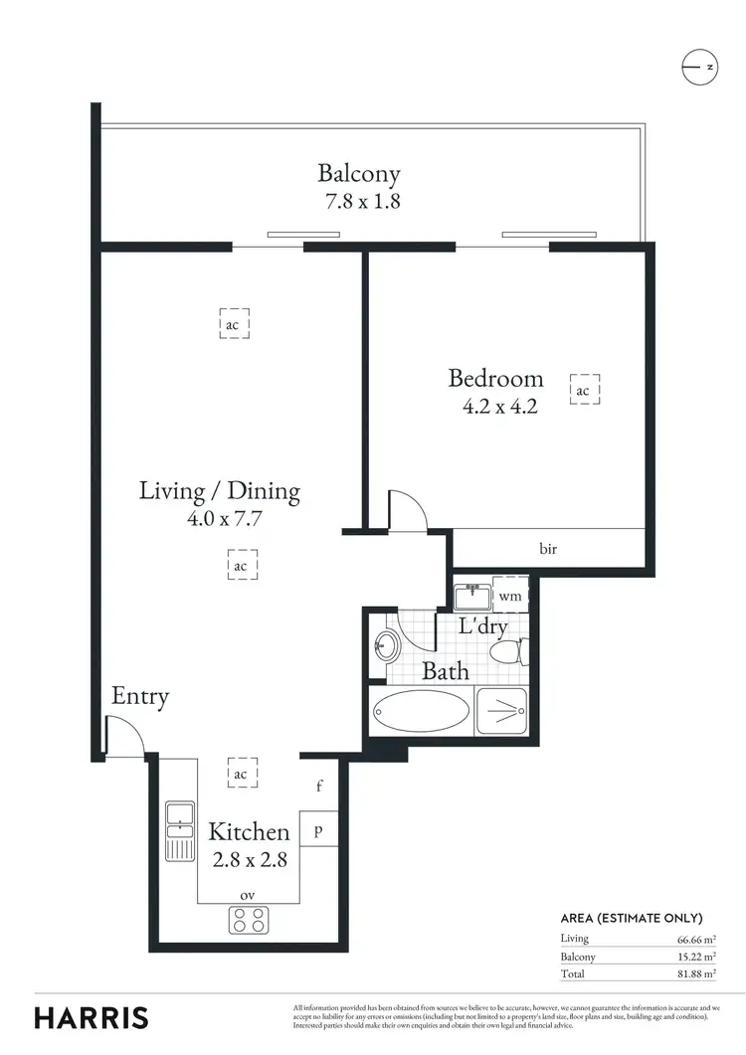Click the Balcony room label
click(359, 174)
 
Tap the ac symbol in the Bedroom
click(583, 391)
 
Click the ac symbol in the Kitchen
click(241, 774)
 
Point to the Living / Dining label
click(219, 490)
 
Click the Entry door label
click(140, 697)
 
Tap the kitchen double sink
click(181, 830)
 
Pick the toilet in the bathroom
click(508, 652)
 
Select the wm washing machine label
click(509, 597)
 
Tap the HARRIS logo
click(92, 1017)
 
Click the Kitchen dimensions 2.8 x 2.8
click(250, 859)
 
